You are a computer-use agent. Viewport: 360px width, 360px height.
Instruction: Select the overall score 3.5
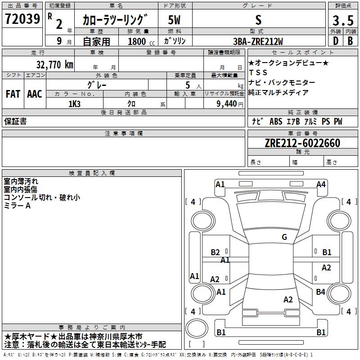pos(342,20)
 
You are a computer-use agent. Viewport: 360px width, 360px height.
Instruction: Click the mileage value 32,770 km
pos(54,64)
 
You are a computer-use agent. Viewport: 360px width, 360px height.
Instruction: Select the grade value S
pos(258,20)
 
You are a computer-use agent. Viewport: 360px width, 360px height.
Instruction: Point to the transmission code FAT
pos(13,94)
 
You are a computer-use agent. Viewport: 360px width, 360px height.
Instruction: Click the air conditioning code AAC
pos(34,94)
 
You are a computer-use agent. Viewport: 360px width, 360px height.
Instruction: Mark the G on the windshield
pos(284,237)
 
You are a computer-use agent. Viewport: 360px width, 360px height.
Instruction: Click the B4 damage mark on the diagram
pos(320,292)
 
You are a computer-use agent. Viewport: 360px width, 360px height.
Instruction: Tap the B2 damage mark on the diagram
pos(215,252)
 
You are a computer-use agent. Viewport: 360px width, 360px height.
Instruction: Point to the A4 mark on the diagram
pos(321,184)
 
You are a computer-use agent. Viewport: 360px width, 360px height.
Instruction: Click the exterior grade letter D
pos(335,41)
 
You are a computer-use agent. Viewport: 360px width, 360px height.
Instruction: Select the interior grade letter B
pos(350,41)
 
